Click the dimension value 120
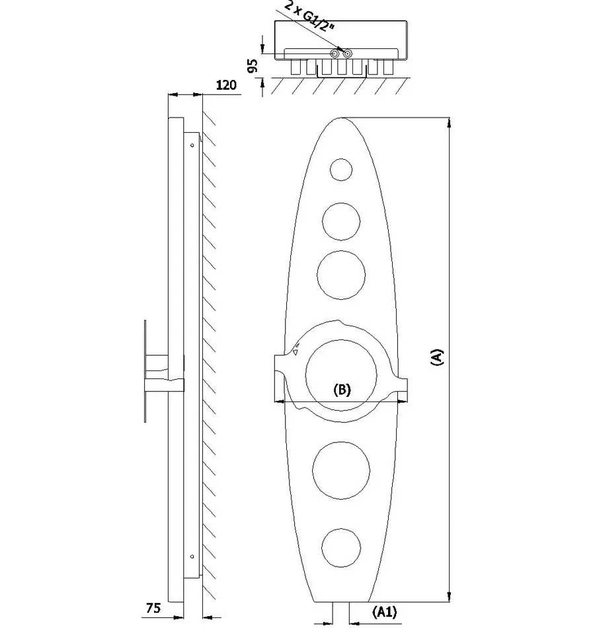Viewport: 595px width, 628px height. [x=226, y=85]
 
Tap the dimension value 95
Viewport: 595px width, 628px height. [x=253, y=65]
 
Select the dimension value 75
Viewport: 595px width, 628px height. [x=153, y=608]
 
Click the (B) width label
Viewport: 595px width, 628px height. [x=342, y=390]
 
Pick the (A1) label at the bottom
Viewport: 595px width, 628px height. [x=385, y=612]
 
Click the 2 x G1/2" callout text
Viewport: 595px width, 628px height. [x=309, y=17]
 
